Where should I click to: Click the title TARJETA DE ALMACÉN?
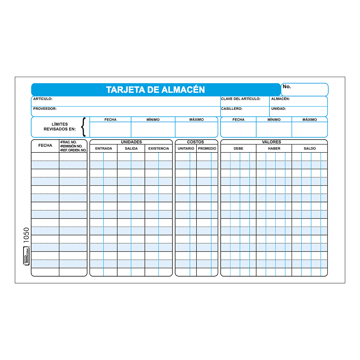155,90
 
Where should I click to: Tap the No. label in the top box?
287,87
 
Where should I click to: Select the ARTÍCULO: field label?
43,99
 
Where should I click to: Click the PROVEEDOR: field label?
45,109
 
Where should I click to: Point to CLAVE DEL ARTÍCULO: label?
241,99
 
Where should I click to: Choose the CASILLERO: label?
232,109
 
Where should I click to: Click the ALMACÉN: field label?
280,99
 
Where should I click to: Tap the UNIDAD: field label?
278,109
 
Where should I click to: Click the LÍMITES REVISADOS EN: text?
60,127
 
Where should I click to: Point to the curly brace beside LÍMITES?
84,127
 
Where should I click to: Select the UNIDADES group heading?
131,142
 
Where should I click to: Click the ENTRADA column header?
103,148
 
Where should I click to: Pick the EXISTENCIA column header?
159,148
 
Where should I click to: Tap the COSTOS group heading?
195,142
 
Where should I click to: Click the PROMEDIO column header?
207,148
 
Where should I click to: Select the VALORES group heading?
271,142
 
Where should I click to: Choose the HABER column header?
274,148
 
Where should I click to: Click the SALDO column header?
310,148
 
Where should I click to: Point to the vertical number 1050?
26,235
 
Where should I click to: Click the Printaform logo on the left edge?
26,256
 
